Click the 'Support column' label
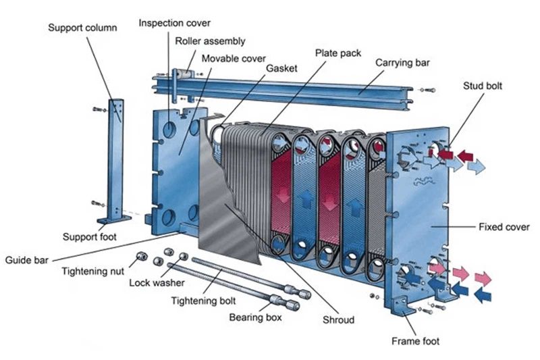[x=82, y=28]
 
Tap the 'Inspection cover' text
[x=173, y=23]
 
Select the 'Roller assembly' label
[x=210, y=41]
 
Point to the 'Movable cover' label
[x=234, y=59]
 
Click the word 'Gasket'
[x=280, y=69]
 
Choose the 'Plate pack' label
[x=337, y=53]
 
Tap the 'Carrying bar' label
[x=402, y=63]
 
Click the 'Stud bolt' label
[x=482, y=86]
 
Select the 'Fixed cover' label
[x=504, y=226]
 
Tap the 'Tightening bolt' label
[x=203, y=300]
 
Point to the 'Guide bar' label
[x=27, y=259]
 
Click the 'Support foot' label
[x=90, y=237]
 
